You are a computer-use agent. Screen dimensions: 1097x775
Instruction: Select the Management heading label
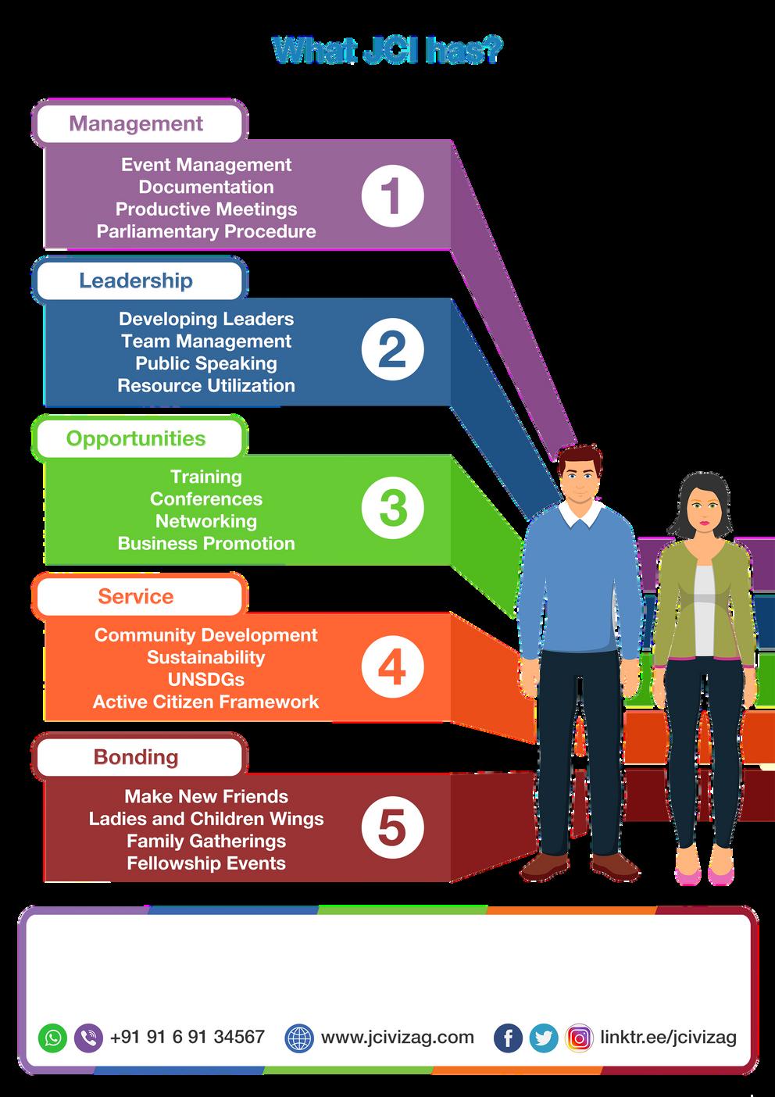[x=137, y=123]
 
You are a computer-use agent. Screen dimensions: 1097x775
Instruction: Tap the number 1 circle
[x=392, y=195]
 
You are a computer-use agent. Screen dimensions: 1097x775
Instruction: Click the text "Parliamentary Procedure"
[x=206, y=231]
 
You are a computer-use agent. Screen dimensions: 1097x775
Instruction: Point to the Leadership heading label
[x=136, y=281]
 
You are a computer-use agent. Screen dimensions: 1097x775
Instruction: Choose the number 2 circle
[x=392, y=350]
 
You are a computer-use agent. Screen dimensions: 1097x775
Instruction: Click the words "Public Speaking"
[x=206, y=363]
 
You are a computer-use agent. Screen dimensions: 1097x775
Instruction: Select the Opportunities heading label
[x=136, y=438]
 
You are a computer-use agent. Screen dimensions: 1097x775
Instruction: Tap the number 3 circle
[x=392, y=509]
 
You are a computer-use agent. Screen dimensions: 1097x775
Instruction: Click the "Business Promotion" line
[x=206, y=543]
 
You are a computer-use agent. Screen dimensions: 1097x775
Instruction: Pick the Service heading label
[x=136, y=596]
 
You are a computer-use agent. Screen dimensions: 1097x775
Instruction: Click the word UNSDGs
[x=206, y=679]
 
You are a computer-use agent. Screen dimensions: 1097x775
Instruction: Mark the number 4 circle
[x=392, y=668]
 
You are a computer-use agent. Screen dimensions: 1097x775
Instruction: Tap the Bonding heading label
[x=136, y=756]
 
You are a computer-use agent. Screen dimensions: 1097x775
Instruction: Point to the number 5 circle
[x=392, y=828]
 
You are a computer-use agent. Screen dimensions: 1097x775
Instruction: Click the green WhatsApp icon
[x=53, y=1038]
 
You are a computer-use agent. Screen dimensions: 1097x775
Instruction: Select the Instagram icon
[x=579, y=1038]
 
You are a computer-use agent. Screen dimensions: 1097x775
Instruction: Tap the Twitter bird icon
[x=544, y=1038]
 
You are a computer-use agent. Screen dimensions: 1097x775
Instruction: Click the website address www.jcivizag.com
[x=397, y=1037]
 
